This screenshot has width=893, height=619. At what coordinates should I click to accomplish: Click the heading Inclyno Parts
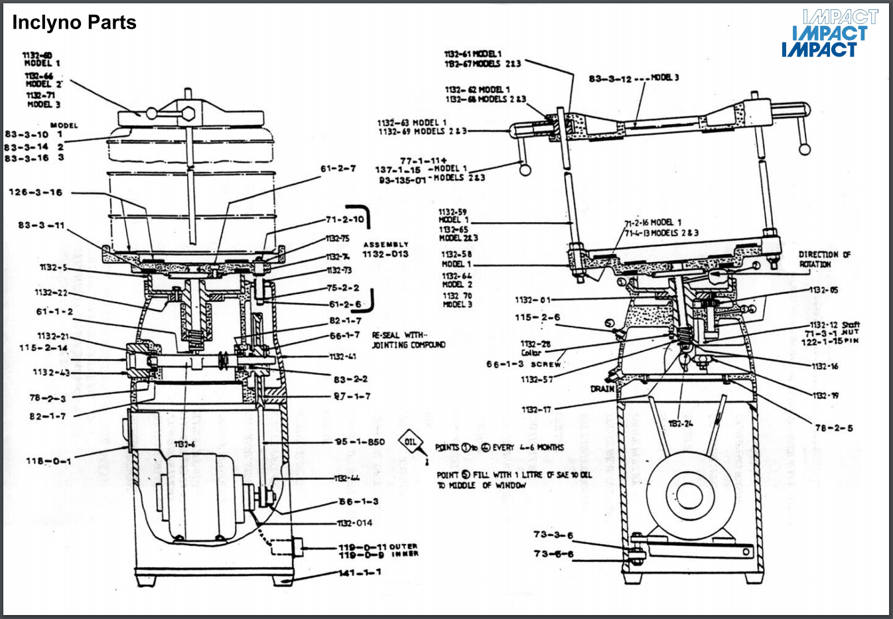pyautogui.click(x=74, y=23)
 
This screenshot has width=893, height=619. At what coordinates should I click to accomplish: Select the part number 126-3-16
pyautogui.click(x=35, y=192)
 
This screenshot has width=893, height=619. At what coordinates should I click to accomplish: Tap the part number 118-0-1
pyautogui.click(x=48, y=460)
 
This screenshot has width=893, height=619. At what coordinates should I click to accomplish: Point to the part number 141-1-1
pyautogui.click(x=360, y=573)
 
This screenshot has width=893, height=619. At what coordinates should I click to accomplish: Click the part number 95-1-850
pyautogui.click(x=360, y=442)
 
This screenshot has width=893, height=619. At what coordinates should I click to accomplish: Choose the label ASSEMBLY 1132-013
pyautogui.click(x=385, y=249)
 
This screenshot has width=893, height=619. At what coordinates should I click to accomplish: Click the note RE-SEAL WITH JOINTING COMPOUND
pyautogui.click(x=408, y=340)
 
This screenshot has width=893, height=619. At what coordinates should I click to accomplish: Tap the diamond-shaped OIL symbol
pyautogui.click(x=411, y=442)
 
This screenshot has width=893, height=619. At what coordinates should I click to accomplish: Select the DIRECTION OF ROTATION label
pyautogui.click(x=824, y=259)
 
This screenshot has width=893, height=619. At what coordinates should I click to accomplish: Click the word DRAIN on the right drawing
pyautogui.click(x=602, y=388)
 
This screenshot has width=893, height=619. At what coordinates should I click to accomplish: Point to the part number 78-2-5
pyautogui.click(x=834, y=428)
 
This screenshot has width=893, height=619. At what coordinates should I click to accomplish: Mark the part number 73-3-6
pyautogui.click(x=553, y=535)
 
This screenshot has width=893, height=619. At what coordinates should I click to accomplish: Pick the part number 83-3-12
pyautogui.click(x=610, y=79)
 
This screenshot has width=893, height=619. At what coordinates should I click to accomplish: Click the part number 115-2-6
pyautogui.click(x=537, y=317)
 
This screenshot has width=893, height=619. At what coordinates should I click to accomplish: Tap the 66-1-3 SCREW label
pyautogui.click(x=523, y=364)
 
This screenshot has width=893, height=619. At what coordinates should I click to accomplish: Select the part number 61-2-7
pyautogui.click(x=338, y=169)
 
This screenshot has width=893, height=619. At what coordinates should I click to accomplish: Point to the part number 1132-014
pyautogui.click(x=356, y=523)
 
